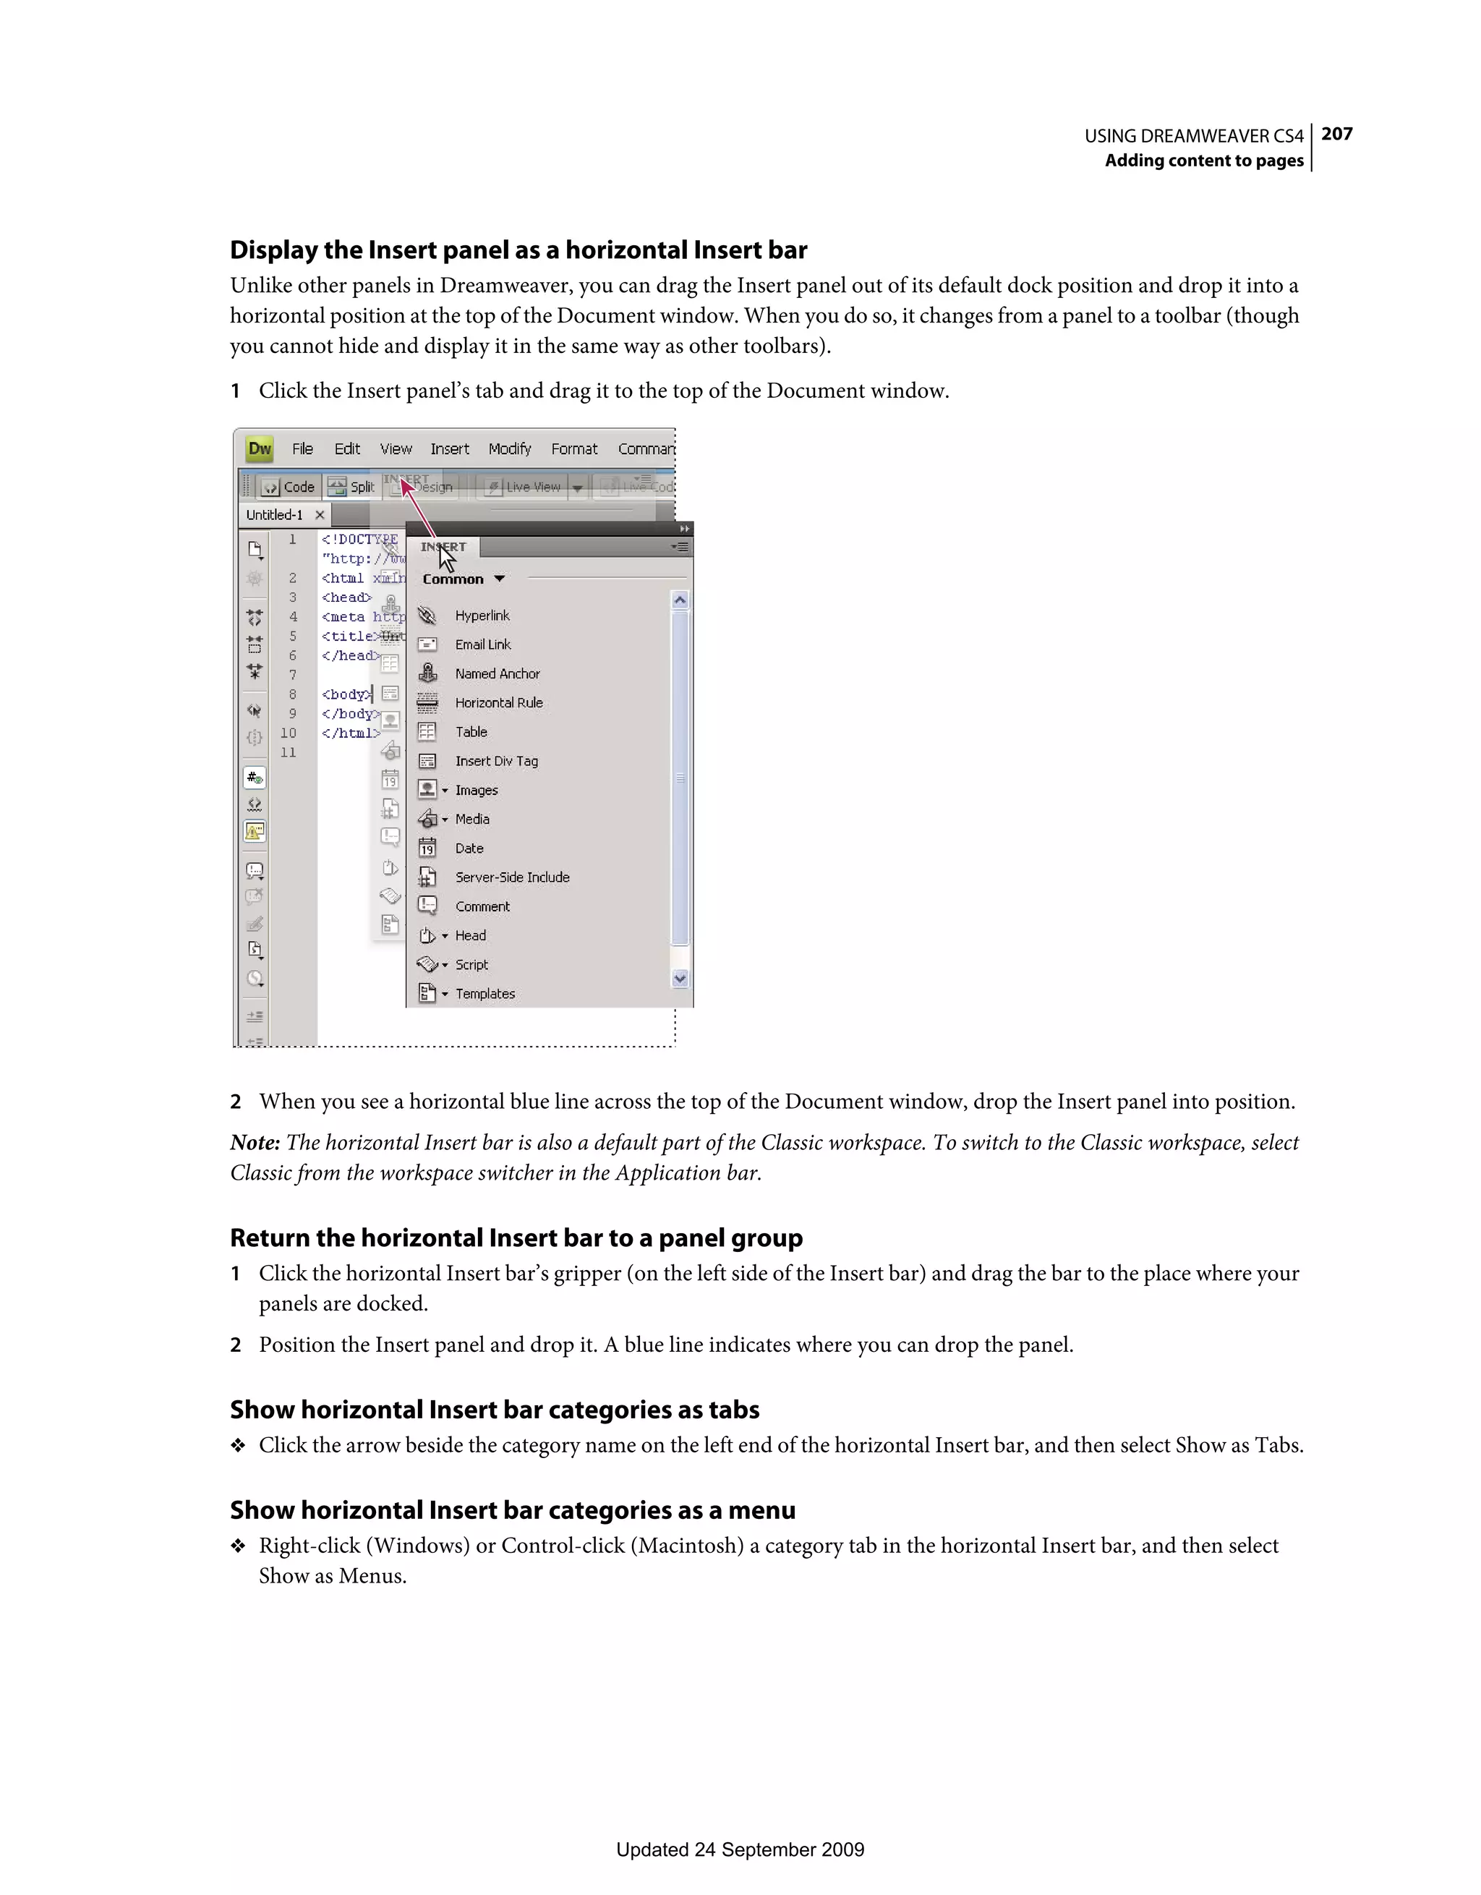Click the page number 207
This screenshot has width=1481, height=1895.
point(1336,134)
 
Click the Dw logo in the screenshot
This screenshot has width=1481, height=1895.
point(260,448)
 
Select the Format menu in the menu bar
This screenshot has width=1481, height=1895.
point(573,448)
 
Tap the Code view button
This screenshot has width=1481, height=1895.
point(290,487)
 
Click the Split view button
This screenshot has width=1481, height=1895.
point(351,487)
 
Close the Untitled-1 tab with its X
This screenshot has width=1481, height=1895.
point(320,514)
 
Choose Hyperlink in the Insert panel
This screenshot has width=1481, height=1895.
point(482,616)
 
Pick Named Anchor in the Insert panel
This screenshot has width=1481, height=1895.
point(497,673)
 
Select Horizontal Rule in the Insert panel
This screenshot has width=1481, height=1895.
point(499,703)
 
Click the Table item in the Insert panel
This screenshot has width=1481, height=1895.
point(471,731)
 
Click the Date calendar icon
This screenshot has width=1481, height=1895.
point(427,848)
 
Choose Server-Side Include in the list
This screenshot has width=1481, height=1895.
point(512,877)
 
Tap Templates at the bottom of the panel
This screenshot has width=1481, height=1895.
point(485,994)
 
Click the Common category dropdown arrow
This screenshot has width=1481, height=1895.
point(499,579)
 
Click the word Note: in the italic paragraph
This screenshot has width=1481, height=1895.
point(255,1143)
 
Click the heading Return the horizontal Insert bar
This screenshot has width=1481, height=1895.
point(516,1238)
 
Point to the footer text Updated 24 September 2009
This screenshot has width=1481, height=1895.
point(740,1849)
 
